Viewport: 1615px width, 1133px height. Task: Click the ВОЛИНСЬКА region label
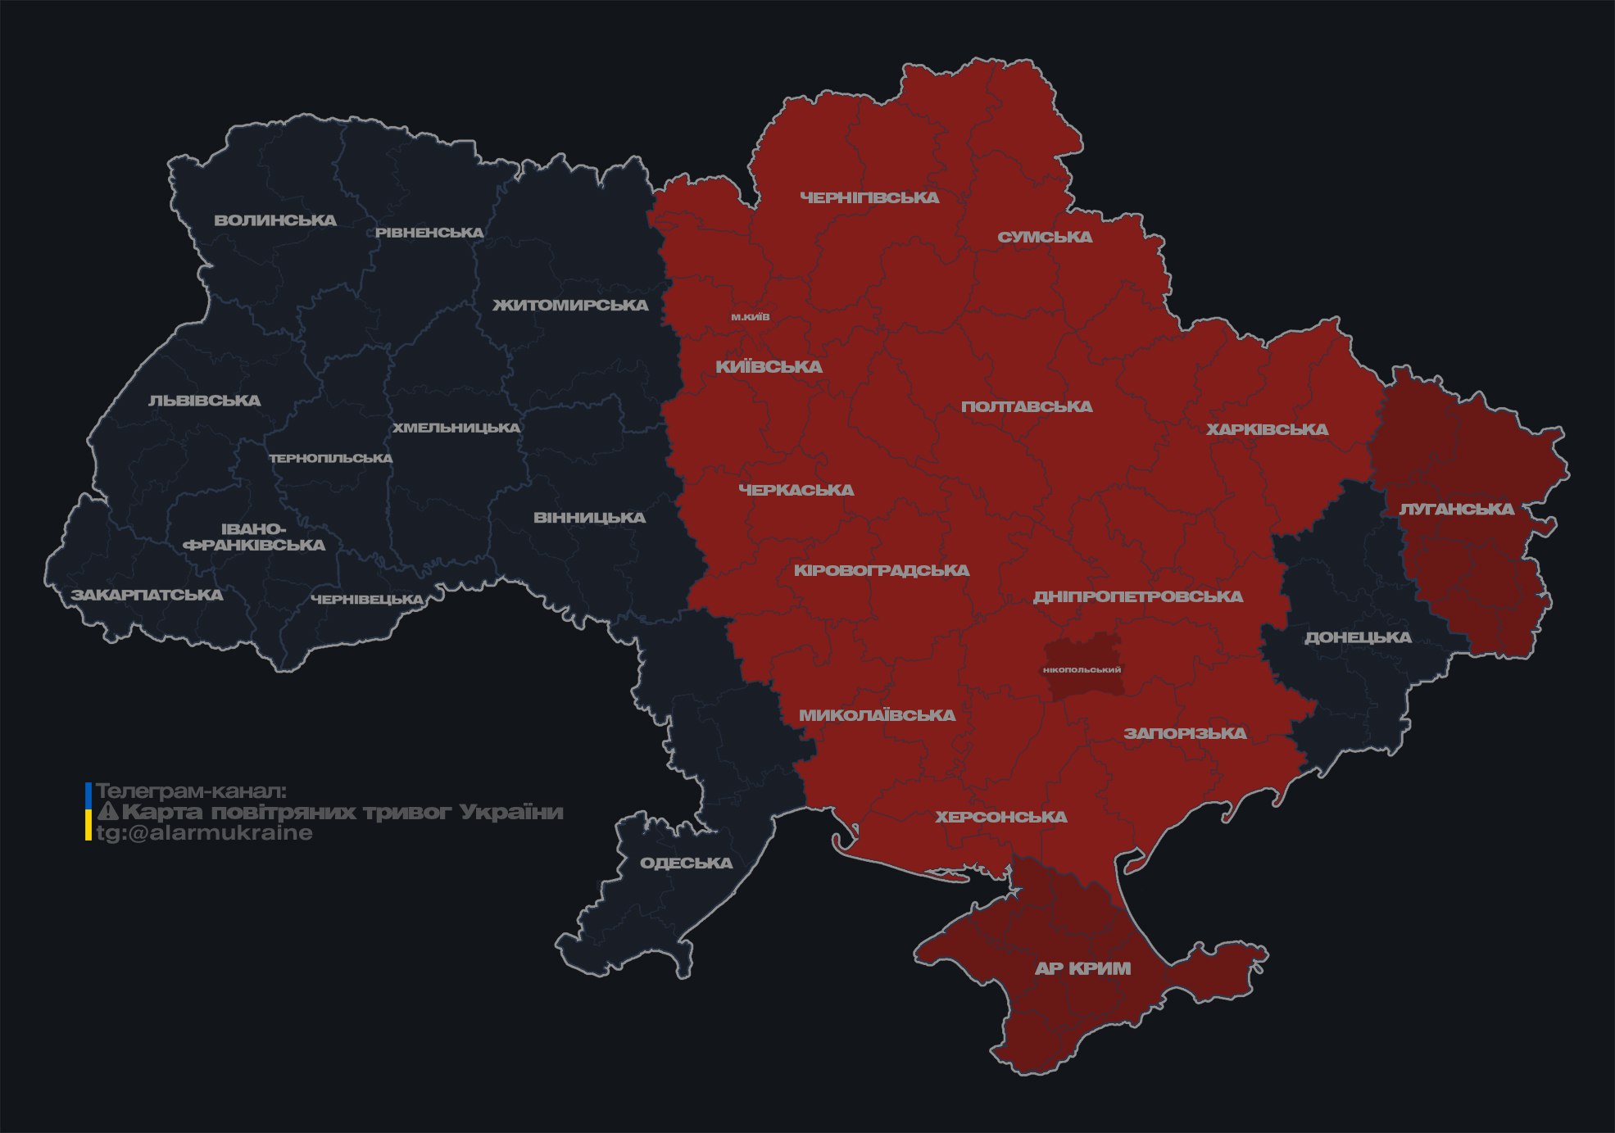[275, 220]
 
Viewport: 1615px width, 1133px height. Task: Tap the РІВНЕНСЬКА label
[429, 233]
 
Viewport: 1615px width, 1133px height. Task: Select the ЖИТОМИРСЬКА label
[570, 306]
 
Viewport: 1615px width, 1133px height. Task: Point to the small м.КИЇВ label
[751, 317]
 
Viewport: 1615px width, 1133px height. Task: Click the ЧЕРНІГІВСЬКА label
[869, 197]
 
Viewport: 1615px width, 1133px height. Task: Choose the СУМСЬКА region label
[1045, 238]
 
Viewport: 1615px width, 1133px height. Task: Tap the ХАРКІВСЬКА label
[1267, 429]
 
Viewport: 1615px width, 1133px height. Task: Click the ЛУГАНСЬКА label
[1456, 510]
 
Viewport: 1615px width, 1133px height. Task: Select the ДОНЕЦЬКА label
[1358, 637]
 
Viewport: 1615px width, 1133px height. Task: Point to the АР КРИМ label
[1082, 968]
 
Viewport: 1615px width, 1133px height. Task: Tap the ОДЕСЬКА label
[686, 863]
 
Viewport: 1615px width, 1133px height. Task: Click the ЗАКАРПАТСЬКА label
[147, 595]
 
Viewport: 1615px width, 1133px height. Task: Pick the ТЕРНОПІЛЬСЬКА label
[331, 459]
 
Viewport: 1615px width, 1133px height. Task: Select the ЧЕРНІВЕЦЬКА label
[367, 600]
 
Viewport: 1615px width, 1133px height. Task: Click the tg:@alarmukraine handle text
[205, 833]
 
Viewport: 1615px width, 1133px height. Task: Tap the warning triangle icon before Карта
[107, 812]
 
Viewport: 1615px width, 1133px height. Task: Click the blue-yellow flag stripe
[88, 812]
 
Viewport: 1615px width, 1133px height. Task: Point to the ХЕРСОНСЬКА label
[1001, 818]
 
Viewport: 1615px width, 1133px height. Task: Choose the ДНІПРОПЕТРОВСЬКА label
[1137, 597]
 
